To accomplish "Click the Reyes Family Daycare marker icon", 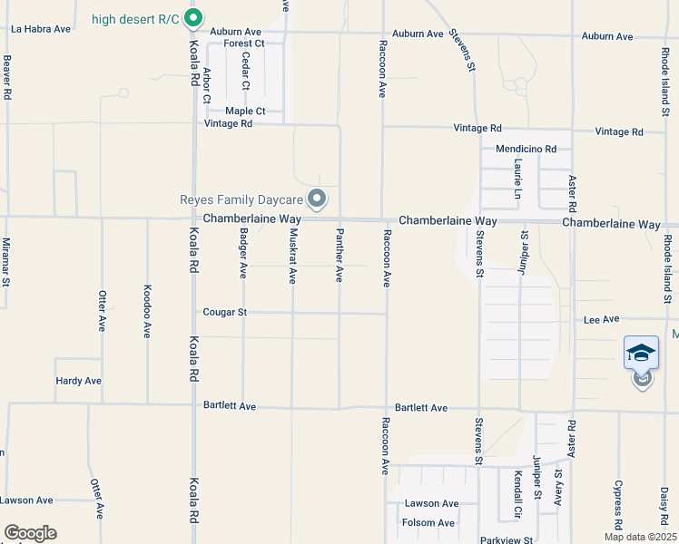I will click(x=317, y=197).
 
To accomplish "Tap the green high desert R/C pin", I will click(x=192, y=18).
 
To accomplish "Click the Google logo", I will click(x=30, y=533).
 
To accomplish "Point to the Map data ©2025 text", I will click(x=641, y=537).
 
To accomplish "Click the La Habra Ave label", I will click(x=41, y=29).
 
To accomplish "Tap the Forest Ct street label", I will click(x=244, y=43).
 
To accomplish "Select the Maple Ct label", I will click(x=245, y=112).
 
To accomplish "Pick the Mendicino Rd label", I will click(x=526, y=148).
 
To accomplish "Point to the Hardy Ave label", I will click(x=78, y=381).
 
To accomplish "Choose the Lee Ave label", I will click(x=601, y=319).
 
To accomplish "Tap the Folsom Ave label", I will click(x=429, y=523).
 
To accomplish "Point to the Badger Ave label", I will click(x=243, y=252).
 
